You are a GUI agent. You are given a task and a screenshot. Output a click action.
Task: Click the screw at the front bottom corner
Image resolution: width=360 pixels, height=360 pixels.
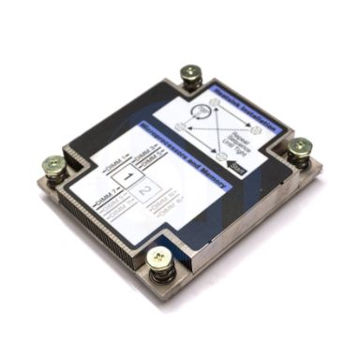click(160, 257)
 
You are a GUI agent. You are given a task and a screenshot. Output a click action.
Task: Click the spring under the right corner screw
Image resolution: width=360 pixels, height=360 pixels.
click(301, 161)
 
